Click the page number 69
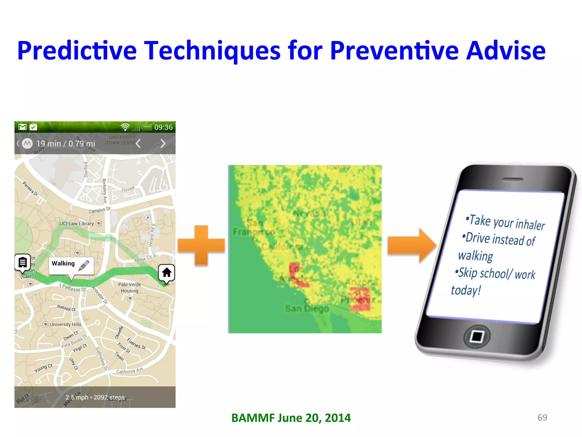pos(542,417)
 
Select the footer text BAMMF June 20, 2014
pos(291,418)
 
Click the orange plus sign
pos(201,245)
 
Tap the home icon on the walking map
pos(167,273)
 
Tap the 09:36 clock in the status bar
pos(163,127)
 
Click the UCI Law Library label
pos(76,224)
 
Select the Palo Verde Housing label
pos(130,287)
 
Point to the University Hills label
pos(65,324)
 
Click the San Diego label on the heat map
pos(307,308)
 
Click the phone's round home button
pos(477,337)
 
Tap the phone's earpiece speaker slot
pos(513,179)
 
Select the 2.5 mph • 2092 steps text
pos(95,397)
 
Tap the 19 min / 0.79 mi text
pos(66,143)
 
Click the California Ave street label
pos(129,371)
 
